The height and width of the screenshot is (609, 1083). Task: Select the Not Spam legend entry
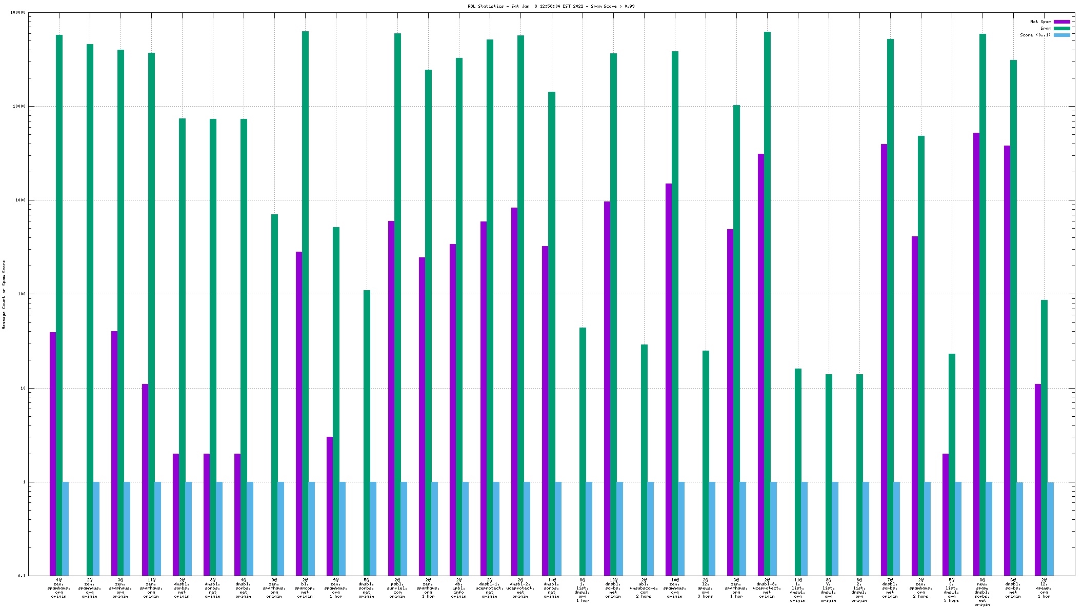(x=1040, y=22)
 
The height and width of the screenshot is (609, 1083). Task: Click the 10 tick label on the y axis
(x=22, y=388)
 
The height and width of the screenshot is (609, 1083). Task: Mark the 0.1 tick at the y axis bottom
(x=22, y=576)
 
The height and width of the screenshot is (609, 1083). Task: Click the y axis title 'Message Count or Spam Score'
(x=4, y=294)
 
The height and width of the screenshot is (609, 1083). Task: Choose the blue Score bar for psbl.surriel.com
(x=404, y=529)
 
